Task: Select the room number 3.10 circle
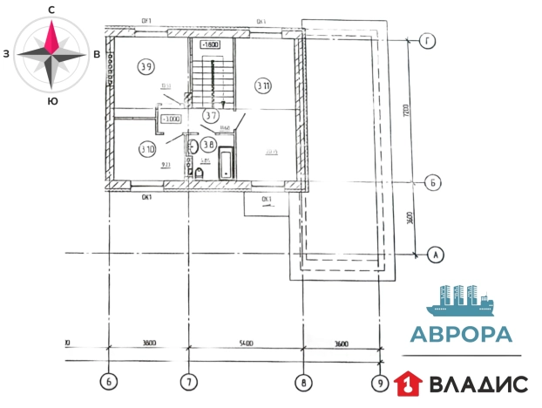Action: [146, 147]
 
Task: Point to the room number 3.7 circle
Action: [210, 114]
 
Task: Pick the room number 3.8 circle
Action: [208, 145]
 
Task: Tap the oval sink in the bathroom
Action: [193, 146]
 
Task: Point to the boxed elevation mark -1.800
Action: [210, 44]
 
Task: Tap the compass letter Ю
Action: [53, 101]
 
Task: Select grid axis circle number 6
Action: [108, 381]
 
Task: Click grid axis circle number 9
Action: [379, 381]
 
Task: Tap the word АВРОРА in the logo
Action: [461, 335]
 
